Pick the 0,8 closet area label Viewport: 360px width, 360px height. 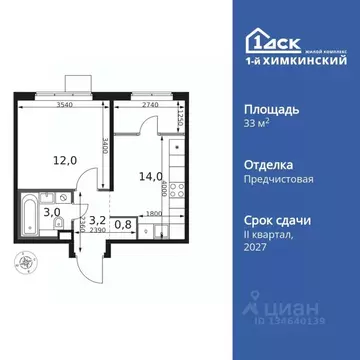pyautogui.click(x=122, y=224)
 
